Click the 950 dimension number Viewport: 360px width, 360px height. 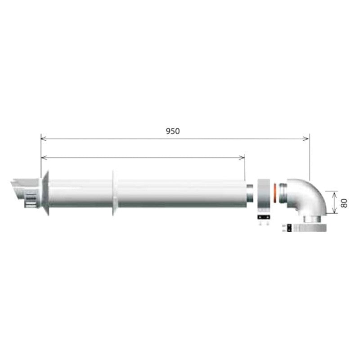[173, 131]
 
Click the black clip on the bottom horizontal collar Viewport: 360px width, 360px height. [285, 228]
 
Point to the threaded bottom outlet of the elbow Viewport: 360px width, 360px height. [312, 220]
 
